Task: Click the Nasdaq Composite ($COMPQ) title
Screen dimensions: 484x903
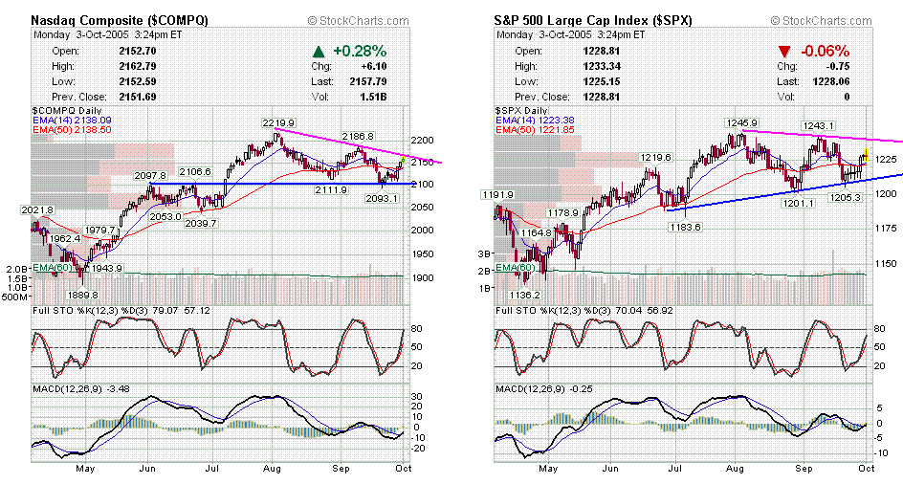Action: (121, 19)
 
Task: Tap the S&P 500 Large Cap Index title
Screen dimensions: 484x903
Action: (594, 19)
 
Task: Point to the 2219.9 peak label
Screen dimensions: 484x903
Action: (277, 123)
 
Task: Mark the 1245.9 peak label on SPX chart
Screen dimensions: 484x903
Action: (741, 123)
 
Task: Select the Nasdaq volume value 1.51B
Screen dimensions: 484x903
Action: (374, 98)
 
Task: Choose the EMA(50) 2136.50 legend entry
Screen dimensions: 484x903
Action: (73, 129)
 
